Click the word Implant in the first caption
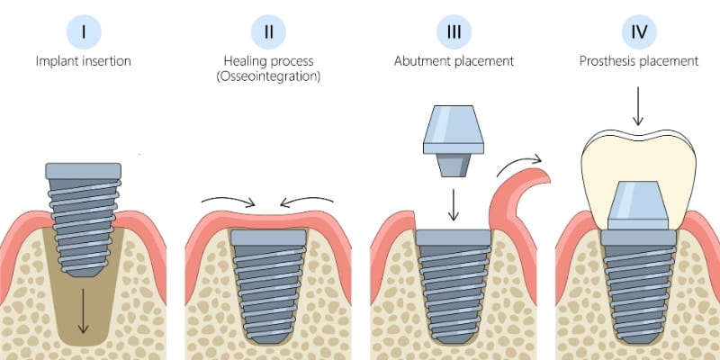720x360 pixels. click(x=56, y=62)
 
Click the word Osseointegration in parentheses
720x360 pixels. click(x=268, y=76)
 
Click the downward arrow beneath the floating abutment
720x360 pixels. click(x=454, y=205)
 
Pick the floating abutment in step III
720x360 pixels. click(x=454, y=140)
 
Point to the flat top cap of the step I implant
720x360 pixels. click(x=83, y=170)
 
